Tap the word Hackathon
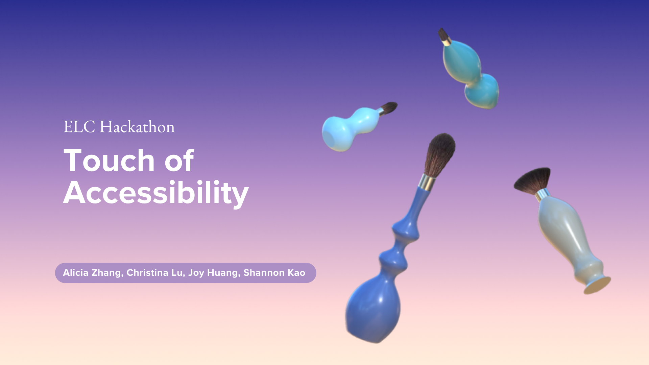point(137,127)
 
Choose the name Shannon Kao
point(274,273)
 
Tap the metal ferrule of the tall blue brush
point(427,182)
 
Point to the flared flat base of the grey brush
point(597,285)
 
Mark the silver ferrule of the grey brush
point(543,195)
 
